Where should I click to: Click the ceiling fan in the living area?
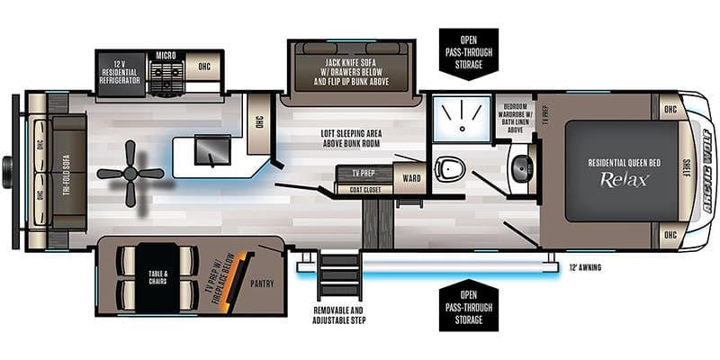coord(130,174)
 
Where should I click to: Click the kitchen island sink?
coord(211,149)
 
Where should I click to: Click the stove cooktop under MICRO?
coord(167,78)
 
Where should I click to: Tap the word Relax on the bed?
coord(625,179)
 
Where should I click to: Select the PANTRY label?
coord(262,283)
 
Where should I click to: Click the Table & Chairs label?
coord(157,278)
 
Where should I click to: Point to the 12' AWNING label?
coord(584,267)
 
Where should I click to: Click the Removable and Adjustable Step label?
coord(339,315)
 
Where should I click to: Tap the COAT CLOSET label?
coord(365,190)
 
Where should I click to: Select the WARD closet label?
coord(411,178)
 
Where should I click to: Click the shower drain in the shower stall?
coord(463,128)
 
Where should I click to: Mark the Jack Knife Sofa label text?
coord(352,73)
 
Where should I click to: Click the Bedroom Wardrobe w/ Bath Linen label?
coord(513,117)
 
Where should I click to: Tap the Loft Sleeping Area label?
coord(351,138)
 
